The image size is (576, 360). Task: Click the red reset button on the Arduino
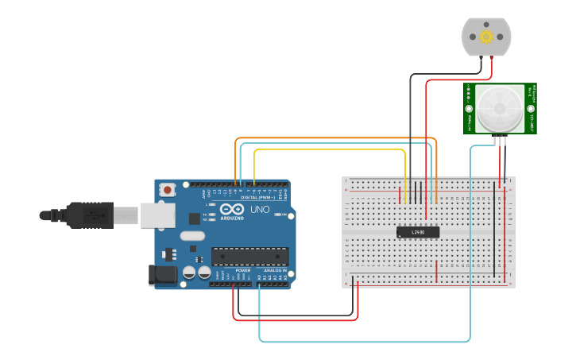click(x=167, y=190)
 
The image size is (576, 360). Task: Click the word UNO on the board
click(x=261, y=210)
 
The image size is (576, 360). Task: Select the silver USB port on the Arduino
click(x=157, y=215)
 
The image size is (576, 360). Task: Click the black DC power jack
click(x=161, y=275)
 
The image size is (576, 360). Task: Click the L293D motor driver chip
click(x=417, y=232)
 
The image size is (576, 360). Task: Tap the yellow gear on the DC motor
click(x=486, y=37)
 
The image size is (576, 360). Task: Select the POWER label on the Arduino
click(x=243, y=270)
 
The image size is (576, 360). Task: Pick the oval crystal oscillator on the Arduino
click(x=192, y=235)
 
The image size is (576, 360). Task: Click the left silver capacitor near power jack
click(x=189, y=273)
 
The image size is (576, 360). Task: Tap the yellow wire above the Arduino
click(x=330, y=149)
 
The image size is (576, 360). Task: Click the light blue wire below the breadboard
click(x=365, y=342)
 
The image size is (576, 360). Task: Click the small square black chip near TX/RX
click(x=194, y=218)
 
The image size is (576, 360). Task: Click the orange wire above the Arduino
click(x=334, y=138)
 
